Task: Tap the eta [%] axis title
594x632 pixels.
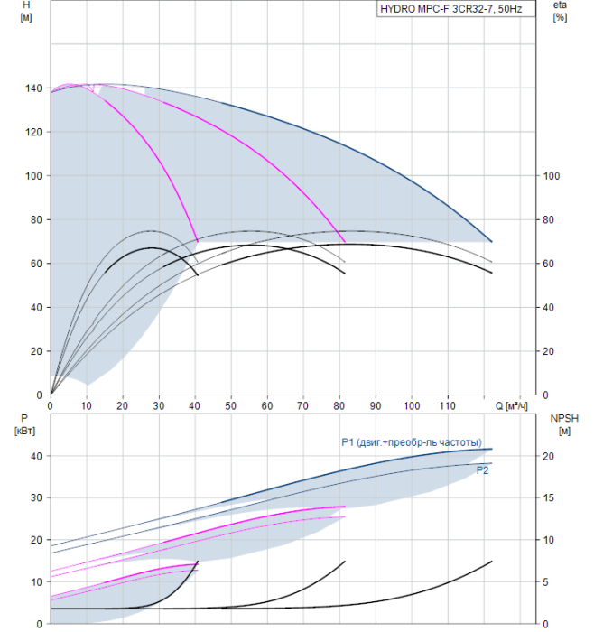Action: [560, 12]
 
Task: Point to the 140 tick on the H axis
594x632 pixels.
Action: [33, 88]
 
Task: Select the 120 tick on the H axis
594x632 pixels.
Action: [33, 132]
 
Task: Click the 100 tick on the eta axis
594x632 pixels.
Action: [552, 176]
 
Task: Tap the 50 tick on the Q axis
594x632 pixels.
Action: [231, 406]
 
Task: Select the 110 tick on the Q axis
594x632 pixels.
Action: [449, 406]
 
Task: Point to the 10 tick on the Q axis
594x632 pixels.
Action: [86, 406]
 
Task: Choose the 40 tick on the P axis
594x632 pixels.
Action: [36, 456]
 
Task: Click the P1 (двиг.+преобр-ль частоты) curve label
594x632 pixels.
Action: [411, 441]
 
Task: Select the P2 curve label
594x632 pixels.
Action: [482, 469]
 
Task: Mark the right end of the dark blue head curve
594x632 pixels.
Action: [492, 242]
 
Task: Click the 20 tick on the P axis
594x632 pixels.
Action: [36, 540]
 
